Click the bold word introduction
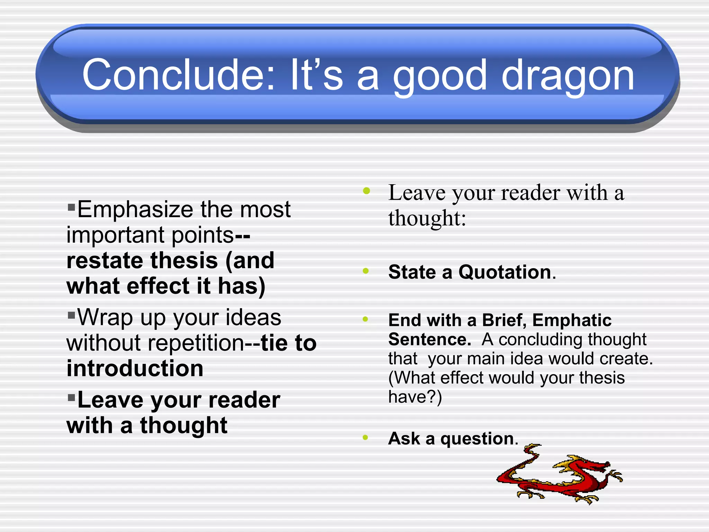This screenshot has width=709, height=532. [135, 368]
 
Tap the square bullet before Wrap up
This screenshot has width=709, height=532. [71, 315]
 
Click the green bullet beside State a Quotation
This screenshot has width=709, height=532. [366, 271]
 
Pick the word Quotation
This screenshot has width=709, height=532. [505, 272]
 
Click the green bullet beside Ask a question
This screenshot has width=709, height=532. [365, 437]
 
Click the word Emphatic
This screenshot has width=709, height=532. [572, 320]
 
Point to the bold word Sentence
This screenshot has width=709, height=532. [429, 339]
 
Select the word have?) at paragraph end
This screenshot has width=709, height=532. [415, 397]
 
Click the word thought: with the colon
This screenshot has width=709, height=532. [427, 219]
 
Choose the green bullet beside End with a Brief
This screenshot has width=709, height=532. [365, 319]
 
